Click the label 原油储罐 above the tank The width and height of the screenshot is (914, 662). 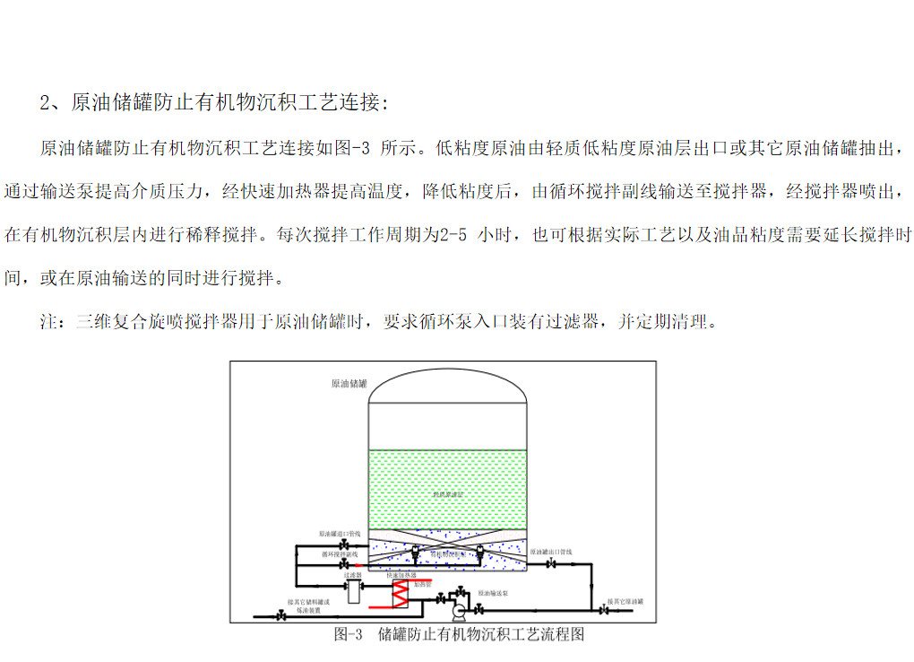point(349,383)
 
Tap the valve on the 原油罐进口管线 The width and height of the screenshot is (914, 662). point(343,544)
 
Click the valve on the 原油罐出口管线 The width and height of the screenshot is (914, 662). point(551,563)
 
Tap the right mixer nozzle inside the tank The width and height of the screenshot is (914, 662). point(480,552)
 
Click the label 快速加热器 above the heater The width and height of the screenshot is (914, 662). point(401,575)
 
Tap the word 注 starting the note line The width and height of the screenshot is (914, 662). point(47,322)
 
